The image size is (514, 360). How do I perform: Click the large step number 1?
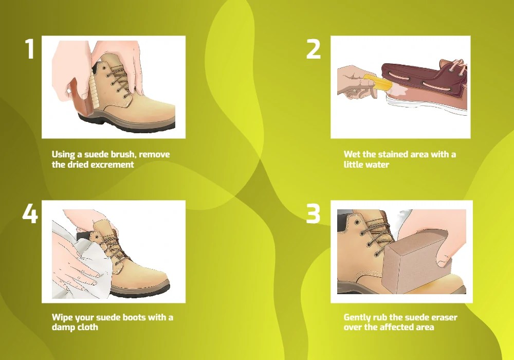[x=30, y=49]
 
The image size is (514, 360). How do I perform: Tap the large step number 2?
[x=313, y=49]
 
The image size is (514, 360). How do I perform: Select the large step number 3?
[x=313, y=213]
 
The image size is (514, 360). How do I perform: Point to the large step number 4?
[x=30, y=213]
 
